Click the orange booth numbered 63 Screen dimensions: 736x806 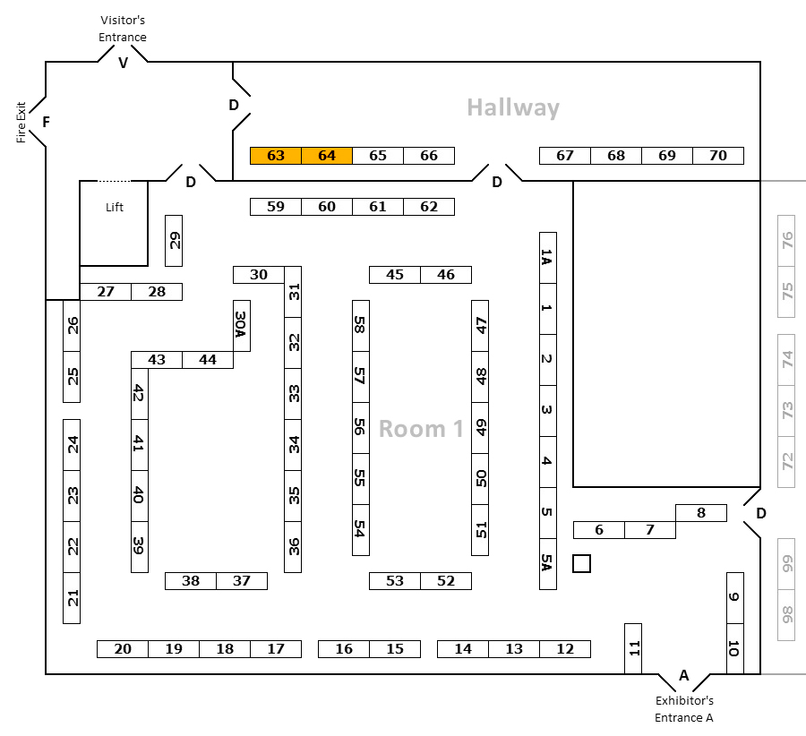276,156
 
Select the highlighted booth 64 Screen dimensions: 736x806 327,156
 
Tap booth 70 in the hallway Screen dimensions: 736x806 718,156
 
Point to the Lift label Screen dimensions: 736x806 115,207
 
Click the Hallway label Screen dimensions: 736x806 513,108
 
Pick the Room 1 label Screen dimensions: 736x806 421,429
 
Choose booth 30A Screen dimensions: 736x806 241,325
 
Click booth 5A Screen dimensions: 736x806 548,564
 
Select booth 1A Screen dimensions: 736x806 548,258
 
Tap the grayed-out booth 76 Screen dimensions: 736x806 787,241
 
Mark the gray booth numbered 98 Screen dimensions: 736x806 787,615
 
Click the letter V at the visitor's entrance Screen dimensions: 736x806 124,63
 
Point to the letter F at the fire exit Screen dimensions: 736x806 46,122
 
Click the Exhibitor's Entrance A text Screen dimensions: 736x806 684,708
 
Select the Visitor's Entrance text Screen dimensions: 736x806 124,28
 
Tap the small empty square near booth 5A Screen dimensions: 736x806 582,563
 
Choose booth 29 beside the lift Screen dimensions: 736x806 174,241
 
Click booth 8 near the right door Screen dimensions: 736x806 700,513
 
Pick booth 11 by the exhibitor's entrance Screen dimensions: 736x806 633,648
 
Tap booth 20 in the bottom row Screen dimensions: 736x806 123,649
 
